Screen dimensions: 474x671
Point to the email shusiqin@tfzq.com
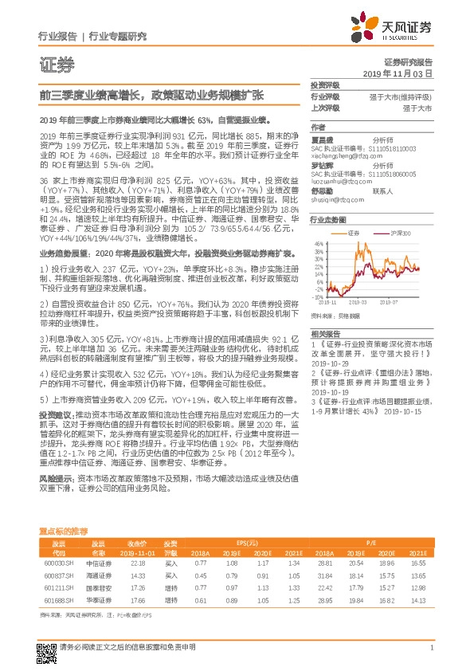pos(337,202)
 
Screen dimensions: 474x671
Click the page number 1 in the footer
pos(430,648)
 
